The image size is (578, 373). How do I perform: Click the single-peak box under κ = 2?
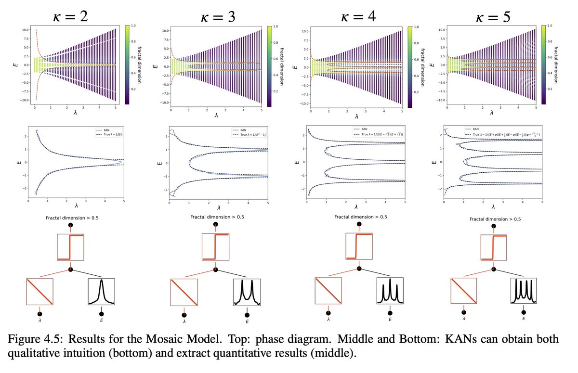point(102,292)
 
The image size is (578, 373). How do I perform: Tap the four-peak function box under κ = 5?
point(524,291)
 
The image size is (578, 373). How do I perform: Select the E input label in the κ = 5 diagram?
point(524,319)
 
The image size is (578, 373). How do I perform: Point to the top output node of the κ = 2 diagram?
point(70,225)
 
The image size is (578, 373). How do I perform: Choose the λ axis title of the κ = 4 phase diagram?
point(356,116)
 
